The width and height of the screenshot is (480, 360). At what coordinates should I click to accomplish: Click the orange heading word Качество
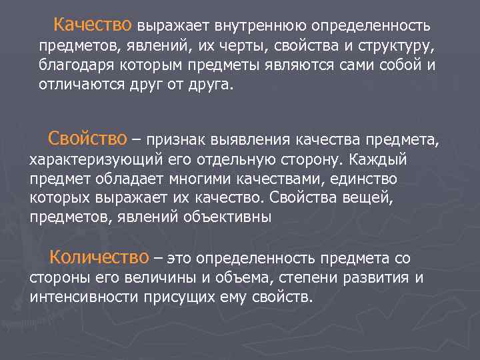click(93, 25)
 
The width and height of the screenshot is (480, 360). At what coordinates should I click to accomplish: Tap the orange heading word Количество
click(99, 257)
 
